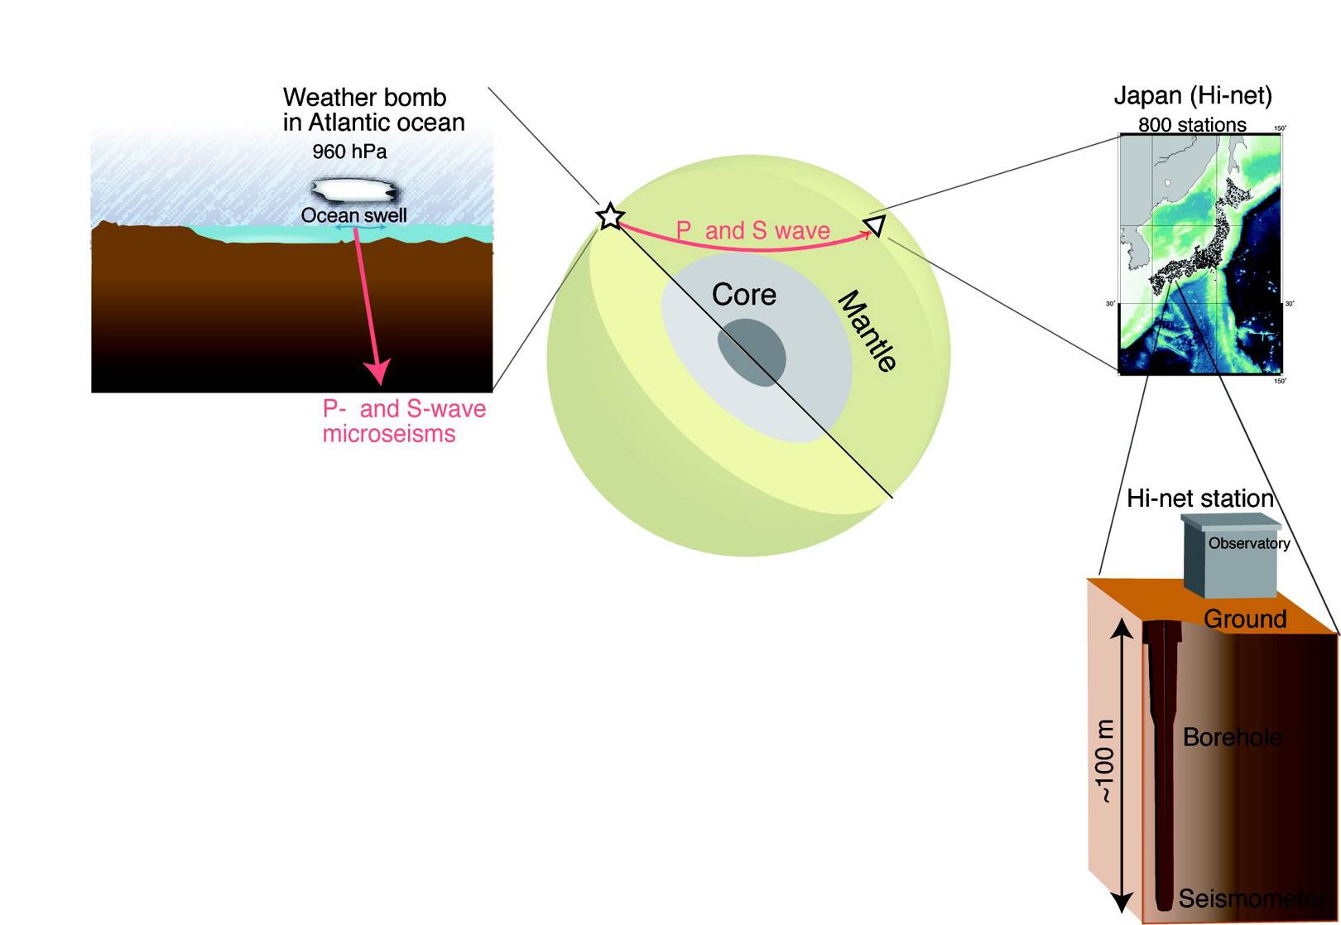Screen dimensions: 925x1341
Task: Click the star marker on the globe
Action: [x=609, y=216]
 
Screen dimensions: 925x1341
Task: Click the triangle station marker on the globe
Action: [x=876, y=225]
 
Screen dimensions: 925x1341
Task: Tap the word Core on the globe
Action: [x=743, y=295]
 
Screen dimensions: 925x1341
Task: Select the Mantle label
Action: [x=867, y=331]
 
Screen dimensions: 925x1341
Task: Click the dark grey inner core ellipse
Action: [x=751, y=352]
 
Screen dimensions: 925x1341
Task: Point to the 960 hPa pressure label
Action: [x=349, y=152]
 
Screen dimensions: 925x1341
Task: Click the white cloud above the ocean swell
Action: [x=354, y=190]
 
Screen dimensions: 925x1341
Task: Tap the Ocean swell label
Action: [x=353, y=215]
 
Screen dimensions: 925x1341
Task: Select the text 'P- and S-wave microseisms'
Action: [x=403, y=421]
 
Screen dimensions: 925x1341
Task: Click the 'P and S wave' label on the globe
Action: [x=752, y=230]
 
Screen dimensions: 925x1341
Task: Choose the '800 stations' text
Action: [x=1191, y=125]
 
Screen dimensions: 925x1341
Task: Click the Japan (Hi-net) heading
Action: [x=1192, y=96]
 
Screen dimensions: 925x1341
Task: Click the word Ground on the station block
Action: [x=1244, y=619]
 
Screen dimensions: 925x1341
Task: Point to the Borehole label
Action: [x=1232, y=737]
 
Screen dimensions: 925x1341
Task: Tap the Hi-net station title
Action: [x=1199, y=499]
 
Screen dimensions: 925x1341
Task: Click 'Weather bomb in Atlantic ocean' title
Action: [x=373, y=109]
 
